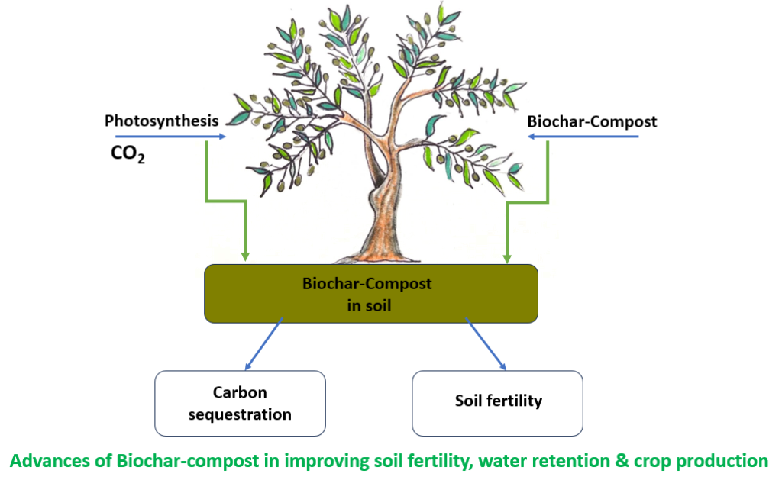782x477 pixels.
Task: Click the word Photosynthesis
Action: tap(161, 121)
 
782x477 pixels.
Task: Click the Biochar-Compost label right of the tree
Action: tap(592, 121)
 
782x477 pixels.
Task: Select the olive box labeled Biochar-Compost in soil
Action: tap(371, 293)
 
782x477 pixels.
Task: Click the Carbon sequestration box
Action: tap(240, 403)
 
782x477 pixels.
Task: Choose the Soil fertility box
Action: tap(498, 401)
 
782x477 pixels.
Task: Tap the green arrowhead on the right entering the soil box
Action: tap(506, 255)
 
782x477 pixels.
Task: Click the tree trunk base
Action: tap(380, 253)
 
